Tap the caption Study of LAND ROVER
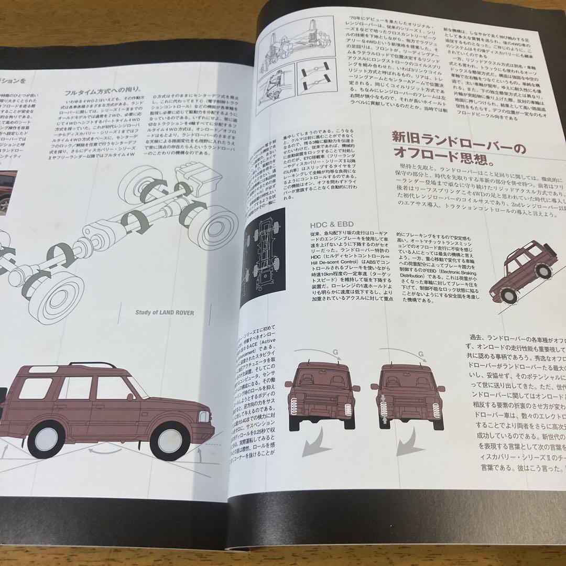(x=164, y=313)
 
